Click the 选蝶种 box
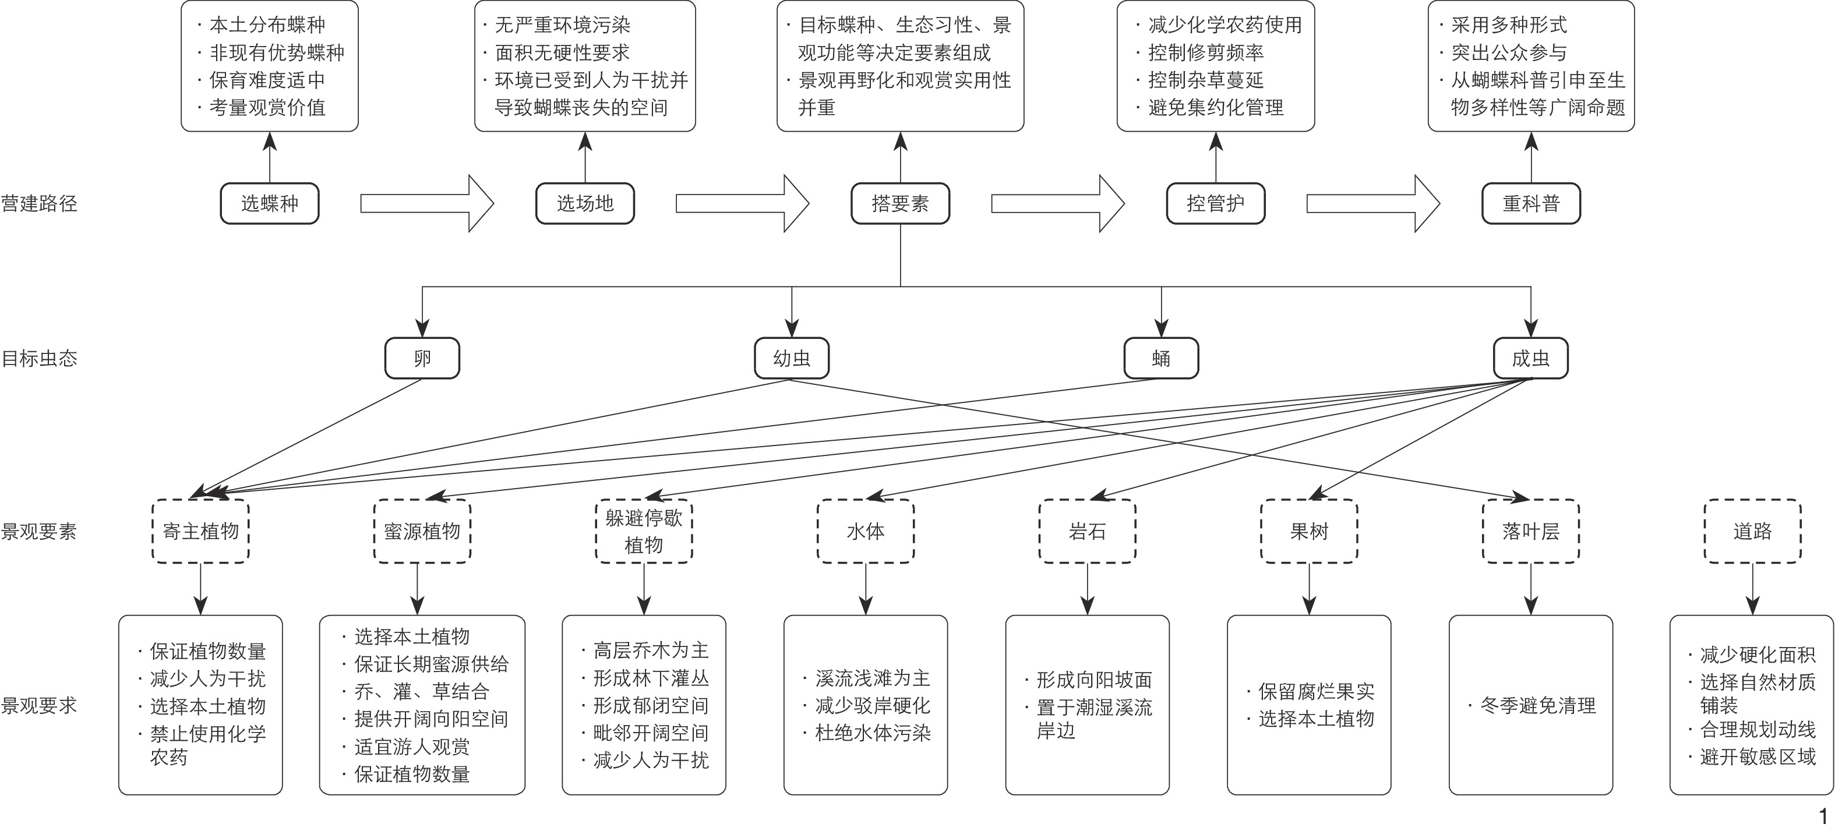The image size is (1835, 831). click(x=269, y=204)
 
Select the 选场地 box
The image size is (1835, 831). click(x=585, y=204)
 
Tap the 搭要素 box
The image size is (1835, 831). click(x=901, y=204)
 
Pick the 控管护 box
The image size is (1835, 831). click(x=1215, y=204)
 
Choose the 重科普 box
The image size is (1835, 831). click(x=1531, y=204)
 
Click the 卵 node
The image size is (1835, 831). click(x=422, y=358)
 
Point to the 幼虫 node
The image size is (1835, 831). click(x=792, y=358)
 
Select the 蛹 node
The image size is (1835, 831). click(x=1161, y=358)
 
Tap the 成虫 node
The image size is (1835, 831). click(x=1530, y=358)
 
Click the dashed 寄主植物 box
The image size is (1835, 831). click(x=201, y=531)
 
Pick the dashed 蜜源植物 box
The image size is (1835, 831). click(x=422, y=531)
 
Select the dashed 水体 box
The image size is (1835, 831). click(x=866, y=531)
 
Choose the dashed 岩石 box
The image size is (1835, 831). click(x=1087, y=531)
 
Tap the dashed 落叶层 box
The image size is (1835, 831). click(x=1531, y=531)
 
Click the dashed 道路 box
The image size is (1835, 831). click(x=1752, y=531)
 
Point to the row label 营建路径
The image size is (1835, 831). click(x=39, y=204)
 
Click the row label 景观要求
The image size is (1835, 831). click(x=39, y=706)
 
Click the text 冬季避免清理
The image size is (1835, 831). click(x=1537, y=706)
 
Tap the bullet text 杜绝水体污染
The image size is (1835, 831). click(x=873, y=733)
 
